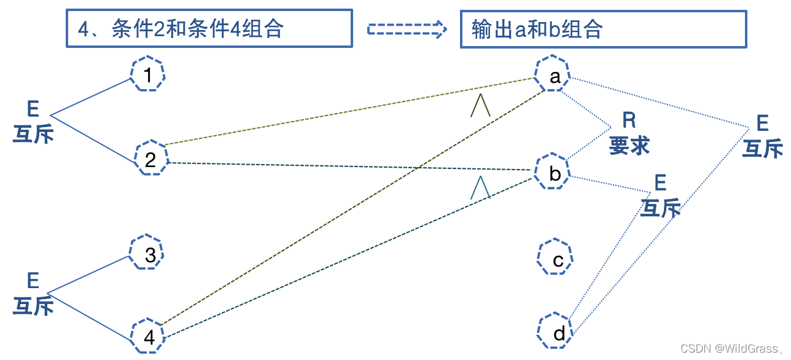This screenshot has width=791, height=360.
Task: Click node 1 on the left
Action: (x=148, y=76)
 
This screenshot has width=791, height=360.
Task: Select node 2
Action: (x=150, y=160)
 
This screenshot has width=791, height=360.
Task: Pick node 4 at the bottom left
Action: (x=148, y=337)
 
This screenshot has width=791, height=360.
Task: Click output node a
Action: (x=554, y=77)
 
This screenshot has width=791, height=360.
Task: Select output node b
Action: (x=553, y=174)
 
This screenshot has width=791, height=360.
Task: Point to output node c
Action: (x=556, y=260)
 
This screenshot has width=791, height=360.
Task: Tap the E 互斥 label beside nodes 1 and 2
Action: (x=33, y=123)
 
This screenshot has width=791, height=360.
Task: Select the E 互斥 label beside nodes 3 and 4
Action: (x=33, y=295)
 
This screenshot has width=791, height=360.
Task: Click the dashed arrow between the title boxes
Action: (x=407, y=29)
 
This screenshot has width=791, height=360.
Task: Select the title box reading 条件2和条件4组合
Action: (x=209, y=28)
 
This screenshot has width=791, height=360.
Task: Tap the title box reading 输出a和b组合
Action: (x=603, y=28)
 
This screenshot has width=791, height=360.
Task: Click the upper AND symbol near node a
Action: (x=480, y=105)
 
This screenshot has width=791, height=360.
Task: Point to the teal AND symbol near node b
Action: (x=480, y=187)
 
